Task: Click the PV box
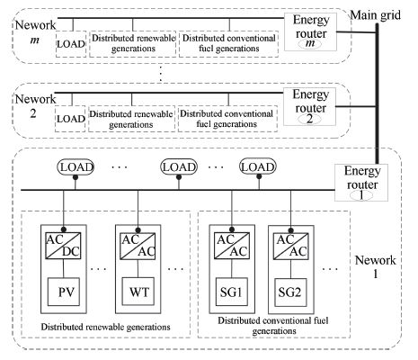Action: [x=64, y=292]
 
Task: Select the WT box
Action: [x=138, y=292]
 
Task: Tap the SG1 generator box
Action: [x=232, y=292]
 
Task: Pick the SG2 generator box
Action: [x=290, y=292]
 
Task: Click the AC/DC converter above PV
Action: [x=63, y=246]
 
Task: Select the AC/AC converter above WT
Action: [x=138, y=246]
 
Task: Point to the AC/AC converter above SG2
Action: [x=291, y=246]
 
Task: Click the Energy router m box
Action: [x=310, y=31]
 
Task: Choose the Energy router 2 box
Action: [x=309, y=106]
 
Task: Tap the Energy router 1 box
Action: [x=361, y=183]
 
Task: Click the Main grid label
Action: [x=376, y=15]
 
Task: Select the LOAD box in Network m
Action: [x=71, y=44]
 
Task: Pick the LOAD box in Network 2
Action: [x=70, y=119]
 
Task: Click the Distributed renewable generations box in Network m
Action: [x=133, y=44]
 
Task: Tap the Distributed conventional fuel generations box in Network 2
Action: [x=227, y=119]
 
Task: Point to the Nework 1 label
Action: [x=376, y=266]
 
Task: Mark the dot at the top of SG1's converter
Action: [x=232, y=230]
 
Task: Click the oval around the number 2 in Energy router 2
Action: [x=309, y=119]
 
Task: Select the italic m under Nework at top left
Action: [x=35, y=40]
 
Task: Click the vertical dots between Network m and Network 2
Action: [x=161, y=74]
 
